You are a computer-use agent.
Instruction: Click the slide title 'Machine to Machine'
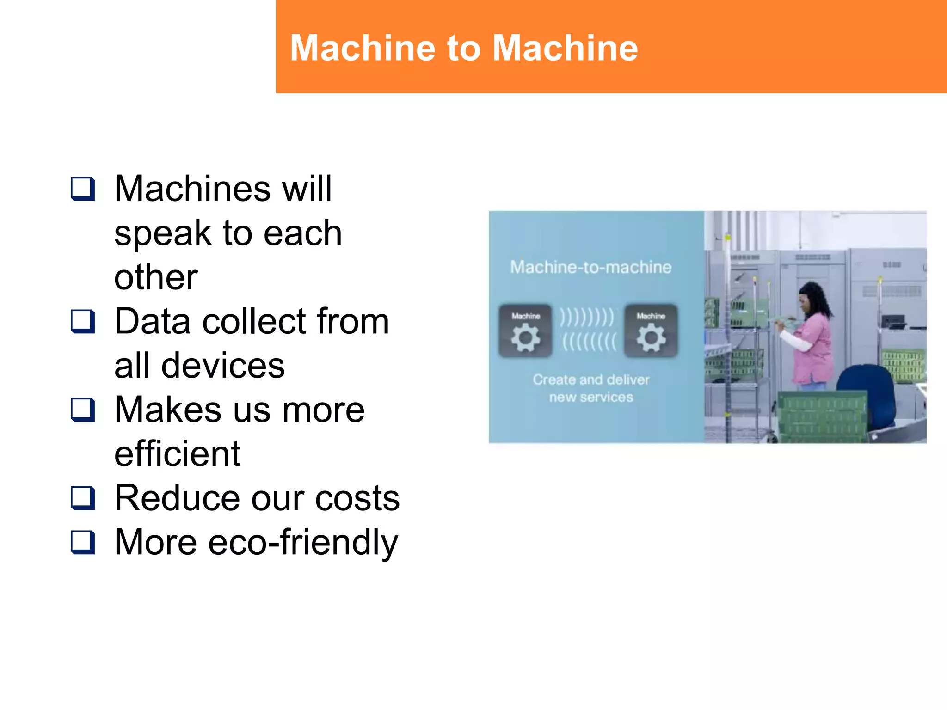point(464,48)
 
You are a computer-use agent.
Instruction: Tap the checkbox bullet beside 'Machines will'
point(83,189)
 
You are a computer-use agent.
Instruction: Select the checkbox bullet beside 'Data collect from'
point(83,322)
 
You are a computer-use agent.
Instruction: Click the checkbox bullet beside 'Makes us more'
point(83,410)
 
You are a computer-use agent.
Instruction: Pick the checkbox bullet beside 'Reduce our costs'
point(83,498)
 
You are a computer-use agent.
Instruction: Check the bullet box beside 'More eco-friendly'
point(83,542)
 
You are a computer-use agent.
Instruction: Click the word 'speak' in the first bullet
point(162,234)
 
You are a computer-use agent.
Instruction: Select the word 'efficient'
point(177,454)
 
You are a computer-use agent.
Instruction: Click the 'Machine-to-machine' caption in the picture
point(591,267)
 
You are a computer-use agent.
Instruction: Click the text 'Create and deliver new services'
point(591,388)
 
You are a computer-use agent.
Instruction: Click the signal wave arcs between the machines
point(588,330)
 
